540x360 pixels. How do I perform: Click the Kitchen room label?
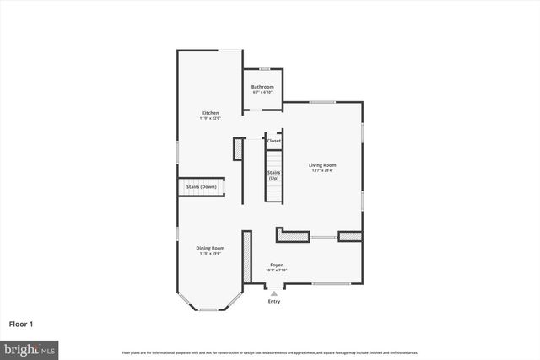coord(209,113)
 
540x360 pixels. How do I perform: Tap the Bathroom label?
coord(262,86)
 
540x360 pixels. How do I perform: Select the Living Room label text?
coord(321,164)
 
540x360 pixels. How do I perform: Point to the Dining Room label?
coord(209,247)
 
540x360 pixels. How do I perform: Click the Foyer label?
coord(276,265)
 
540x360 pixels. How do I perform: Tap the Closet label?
coord(274,141)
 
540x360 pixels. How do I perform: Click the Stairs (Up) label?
coord(273,175)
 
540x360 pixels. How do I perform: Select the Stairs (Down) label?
coord(202,186)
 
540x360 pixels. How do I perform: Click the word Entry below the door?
coord(274,301)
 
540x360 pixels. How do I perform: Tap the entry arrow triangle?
coord(274,293)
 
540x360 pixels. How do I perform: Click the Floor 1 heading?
coord(22,324)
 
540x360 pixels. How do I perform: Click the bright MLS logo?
coord(30,348)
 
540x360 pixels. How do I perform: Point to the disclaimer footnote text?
coord(269,352)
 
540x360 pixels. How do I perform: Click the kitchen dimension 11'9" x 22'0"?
coord(209,119)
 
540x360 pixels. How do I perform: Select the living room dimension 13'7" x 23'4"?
coord(321,170)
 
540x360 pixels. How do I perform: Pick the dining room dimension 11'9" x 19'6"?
coord(209,253)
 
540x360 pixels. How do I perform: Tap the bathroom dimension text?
coord(262,92)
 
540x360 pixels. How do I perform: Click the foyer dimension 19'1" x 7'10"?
coord(276,271)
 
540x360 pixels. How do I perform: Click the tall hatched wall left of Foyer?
coord(246,256)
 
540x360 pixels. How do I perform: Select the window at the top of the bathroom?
coord(264,69)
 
